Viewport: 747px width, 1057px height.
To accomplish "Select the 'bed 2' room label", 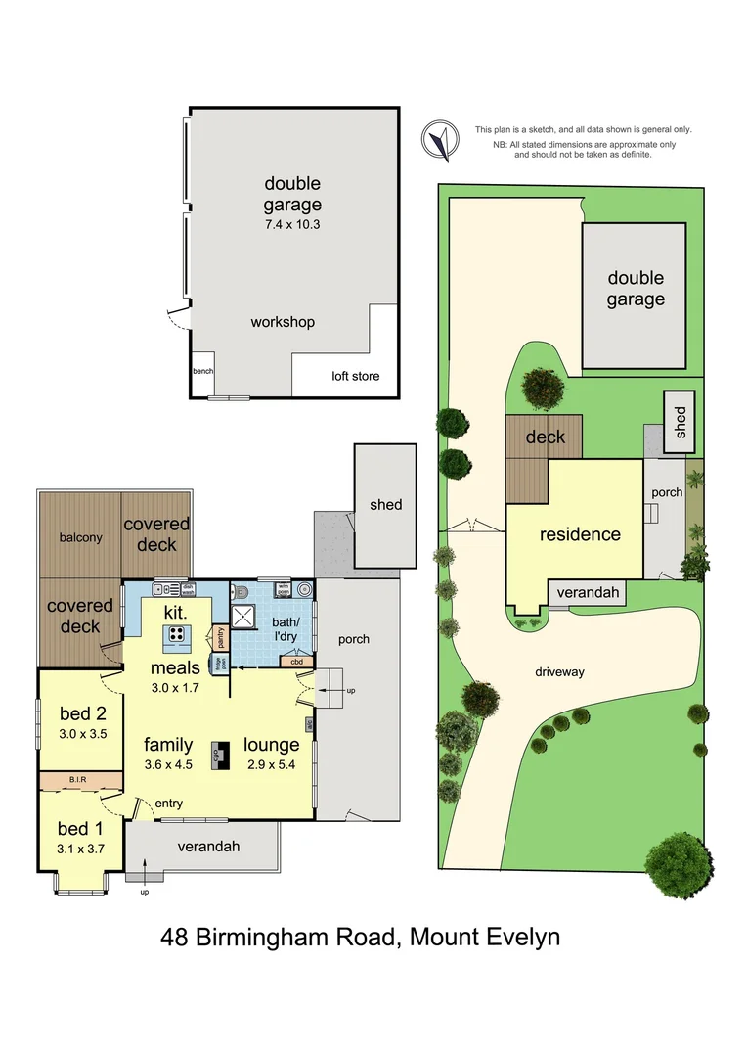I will pos(81,712).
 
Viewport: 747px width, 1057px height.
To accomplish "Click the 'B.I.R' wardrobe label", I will pos(80,780).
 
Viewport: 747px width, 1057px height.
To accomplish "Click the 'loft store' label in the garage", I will pos(356,376).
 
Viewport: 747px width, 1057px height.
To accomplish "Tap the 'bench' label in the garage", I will pos(202,372).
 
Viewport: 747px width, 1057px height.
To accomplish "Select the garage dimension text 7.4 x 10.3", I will pos(292,224).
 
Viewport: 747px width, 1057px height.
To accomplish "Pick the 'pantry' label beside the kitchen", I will pos(221,636).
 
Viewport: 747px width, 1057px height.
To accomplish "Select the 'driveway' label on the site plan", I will pos(559,672).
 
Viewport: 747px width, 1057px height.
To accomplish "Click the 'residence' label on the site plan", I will pos(581,534).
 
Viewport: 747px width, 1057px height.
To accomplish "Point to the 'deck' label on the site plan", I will pos(545,437).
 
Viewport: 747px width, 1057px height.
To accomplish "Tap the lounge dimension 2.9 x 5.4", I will pos(272,763).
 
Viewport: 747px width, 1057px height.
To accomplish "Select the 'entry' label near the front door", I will pos(168,804).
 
